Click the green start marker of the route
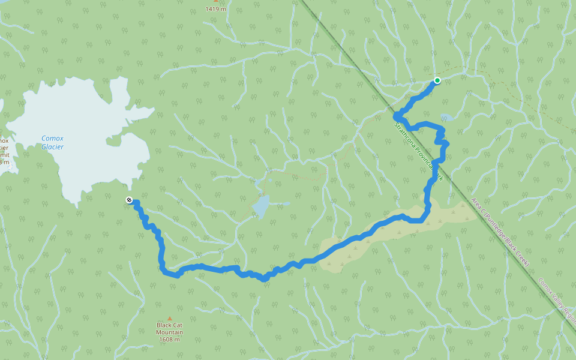(x=437, y=80)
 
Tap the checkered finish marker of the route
(x=129, y=200)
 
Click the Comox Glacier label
(x=52, y=142)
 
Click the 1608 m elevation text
(x=169, y=340)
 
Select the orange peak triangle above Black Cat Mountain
(x=169, y=319)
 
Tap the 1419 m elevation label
(x=215, y=9)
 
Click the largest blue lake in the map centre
(x=261, y=206)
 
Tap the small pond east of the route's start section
(x=446, y=117)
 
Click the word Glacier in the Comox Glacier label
(x=52, y=146)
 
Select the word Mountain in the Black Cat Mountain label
(x=169, y=332)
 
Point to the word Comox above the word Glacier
(x=52, y=138)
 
